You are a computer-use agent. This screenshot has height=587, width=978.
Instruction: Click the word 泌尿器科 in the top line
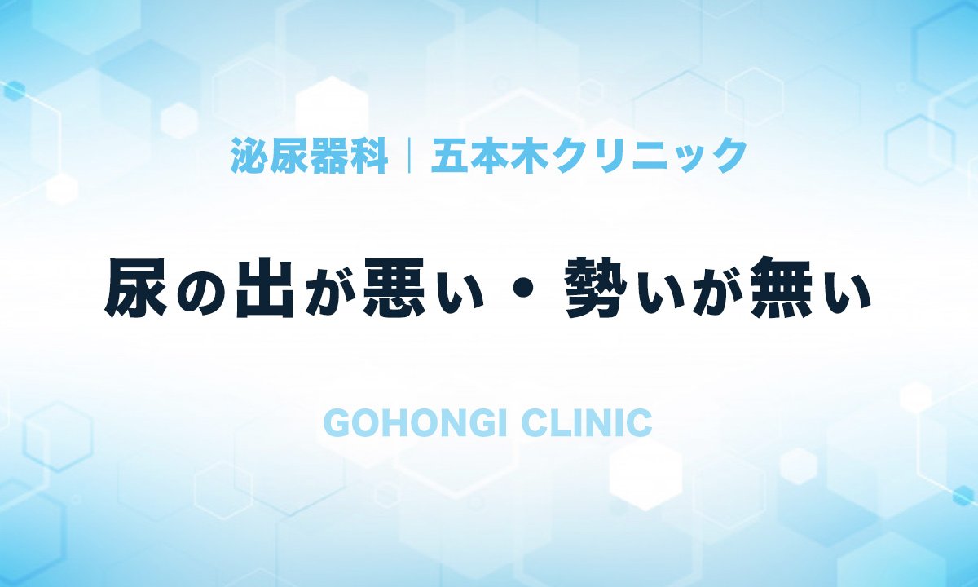(x=310, y=156)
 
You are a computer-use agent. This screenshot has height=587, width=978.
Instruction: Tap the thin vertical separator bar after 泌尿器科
(x=409, y=156)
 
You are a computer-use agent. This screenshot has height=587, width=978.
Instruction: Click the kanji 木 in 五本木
(x=530, y=156)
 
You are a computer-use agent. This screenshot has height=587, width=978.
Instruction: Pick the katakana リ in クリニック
(x=610, y=156)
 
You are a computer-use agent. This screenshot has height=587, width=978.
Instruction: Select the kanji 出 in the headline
(x=262, y=289)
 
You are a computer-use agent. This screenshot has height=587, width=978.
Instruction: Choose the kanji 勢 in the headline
(x=597, y=289)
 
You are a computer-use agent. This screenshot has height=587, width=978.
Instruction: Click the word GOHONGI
(x=415, y=423)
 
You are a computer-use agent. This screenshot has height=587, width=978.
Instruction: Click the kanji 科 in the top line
(x=369, y=156)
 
